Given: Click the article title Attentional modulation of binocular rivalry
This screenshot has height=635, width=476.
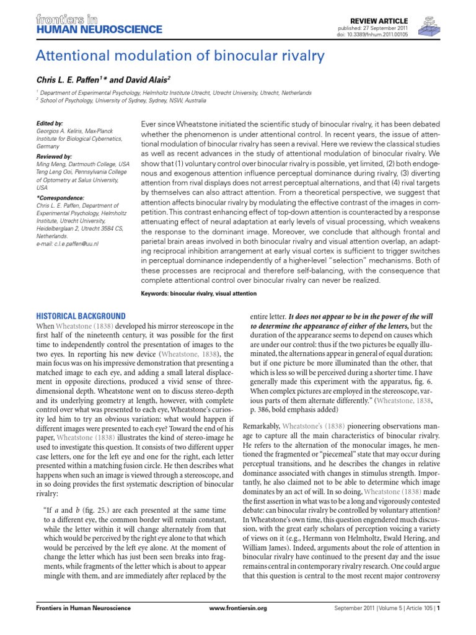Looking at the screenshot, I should pos(180,57).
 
